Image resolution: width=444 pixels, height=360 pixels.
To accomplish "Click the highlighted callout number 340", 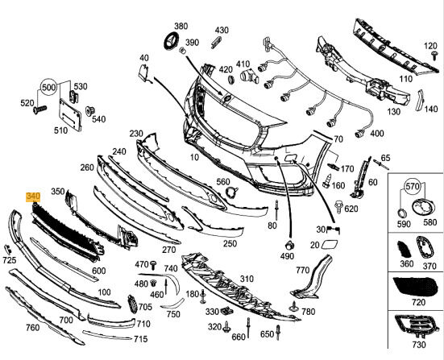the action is tap(33, 197).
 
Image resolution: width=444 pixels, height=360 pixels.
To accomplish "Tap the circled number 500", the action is tap(48, 87).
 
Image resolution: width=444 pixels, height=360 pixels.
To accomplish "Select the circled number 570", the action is tap(412, 187).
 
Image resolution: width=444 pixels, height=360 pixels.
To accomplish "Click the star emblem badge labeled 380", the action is tap(172, 42).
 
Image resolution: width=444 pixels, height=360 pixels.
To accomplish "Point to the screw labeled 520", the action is tap(40, 110).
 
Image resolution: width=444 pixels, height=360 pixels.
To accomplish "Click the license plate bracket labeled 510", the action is tap(70, 114).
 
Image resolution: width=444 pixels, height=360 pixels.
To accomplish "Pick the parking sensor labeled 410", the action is tap(249, 76).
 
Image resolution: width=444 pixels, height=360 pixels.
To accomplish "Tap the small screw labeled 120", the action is tap(434, 56).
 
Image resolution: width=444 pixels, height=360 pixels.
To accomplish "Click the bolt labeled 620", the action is tap(338, 207).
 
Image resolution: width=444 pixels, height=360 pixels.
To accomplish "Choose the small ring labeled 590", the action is tap(400, 213).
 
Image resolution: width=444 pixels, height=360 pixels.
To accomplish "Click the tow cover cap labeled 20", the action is tap(330, 244).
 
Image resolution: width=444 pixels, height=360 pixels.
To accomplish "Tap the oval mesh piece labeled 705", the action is tap(132, 304).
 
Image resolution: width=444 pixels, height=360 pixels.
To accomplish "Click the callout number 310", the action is tap(247, 279).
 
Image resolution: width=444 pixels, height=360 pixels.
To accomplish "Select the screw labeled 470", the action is tap(153, 265).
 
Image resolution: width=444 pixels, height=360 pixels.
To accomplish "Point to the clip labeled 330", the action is tap(227, 311).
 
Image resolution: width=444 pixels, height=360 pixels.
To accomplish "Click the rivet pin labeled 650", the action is tap(279, 333).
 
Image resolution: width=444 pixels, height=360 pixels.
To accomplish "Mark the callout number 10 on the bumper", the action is tap(194, 157).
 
